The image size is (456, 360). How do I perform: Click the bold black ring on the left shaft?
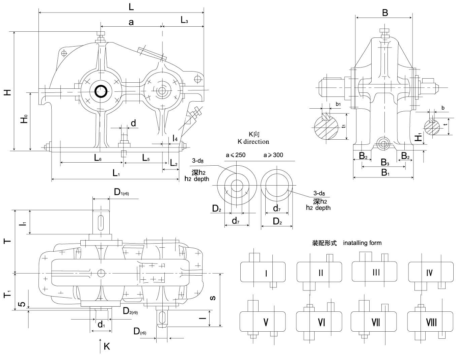(101, 91)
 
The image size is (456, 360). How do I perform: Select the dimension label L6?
(98, 158)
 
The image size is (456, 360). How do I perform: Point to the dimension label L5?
(145, 158)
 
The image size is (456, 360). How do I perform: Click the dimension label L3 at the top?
(184, 20)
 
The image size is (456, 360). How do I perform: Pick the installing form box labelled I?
(263, 272)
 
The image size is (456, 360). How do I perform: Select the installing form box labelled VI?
(319, 322)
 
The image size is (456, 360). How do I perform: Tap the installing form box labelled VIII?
(430, 322)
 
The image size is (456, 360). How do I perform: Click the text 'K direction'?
(253, 141)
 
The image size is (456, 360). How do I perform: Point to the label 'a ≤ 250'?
(236, 155)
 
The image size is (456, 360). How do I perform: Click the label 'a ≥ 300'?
(273, 155)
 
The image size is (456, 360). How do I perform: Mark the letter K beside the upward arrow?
(107, 346)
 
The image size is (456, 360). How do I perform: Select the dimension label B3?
(385, 163)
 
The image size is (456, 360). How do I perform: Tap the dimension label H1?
(418, 137)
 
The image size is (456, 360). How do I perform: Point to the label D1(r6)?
(121, 192)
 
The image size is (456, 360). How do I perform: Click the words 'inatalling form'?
(362, 243)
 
